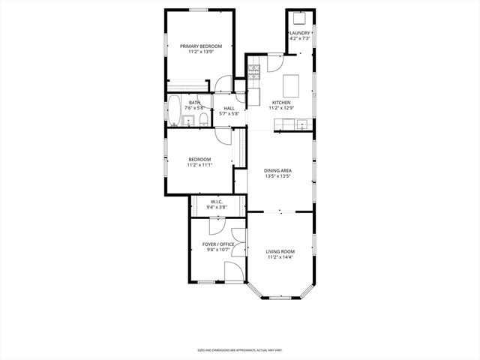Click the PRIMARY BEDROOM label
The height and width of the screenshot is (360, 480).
coord(200,46)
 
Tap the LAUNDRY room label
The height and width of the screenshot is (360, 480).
coord(300,33)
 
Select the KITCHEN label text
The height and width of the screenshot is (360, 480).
coord(281,102)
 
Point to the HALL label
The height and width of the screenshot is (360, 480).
coord(229,109)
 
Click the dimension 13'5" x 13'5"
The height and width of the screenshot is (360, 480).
coord(277,177)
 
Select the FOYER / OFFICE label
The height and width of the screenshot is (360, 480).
coord(218,244)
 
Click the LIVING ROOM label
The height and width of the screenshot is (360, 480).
coord(281,251)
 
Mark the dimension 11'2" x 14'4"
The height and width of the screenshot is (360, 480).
coord(281,257)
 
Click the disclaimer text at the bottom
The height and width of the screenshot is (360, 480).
coord(240,349)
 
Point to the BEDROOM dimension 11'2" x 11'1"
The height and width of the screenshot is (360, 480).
coord(199,165)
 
